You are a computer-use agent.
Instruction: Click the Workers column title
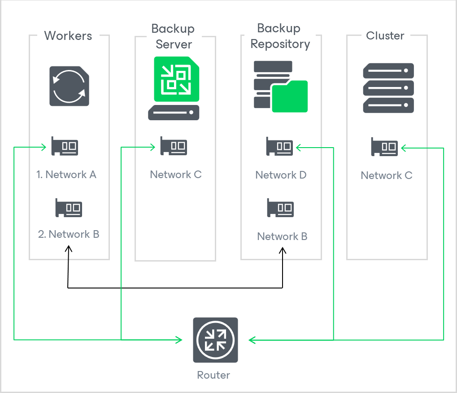pos(68,36)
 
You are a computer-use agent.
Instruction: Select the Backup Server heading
pos(173,36)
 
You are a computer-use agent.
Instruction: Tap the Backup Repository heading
pos(280,36)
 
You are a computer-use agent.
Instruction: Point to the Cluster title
pos(385,36)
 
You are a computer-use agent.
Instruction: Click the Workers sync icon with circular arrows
pos(69,86)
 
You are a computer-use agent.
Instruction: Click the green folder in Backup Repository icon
pos(290,96)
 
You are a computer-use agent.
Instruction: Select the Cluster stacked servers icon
pos(388,87)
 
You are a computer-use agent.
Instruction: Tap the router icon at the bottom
pos(215,340)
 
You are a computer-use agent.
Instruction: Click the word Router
pos(213,375)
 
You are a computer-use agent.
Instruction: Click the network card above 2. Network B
pos(69,208)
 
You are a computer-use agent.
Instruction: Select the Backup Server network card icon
pos(174,146)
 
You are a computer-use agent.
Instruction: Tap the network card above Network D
pos(279,146)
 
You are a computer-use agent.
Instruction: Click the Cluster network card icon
pos(385,147)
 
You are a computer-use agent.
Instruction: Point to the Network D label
pos(281,175)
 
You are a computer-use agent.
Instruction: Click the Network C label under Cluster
pos(386,175)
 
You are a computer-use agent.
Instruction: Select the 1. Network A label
pos(66,175)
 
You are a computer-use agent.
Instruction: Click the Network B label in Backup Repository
pos(282,236)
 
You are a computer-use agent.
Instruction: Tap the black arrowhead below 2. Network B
pos(68,248)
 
